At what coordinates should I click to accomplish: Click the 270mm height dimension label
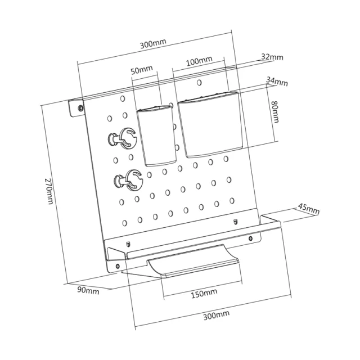tap(49, 191)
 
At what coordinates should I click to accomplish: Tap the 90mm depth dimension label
tap(88, 290)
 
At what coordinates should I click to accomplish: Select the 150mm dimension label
tap(204, 294)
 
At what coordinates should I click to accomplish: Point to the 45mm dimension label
tap(309, 209)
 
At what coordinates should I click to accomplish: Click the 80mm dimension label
tap(275, 112)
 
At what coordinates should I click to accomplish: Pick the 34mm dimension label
tap(277, 82)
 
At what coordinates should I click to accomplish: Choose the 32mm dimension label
tap(272, 57)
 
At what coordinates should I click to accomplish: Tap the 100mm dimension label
tap(199, 61)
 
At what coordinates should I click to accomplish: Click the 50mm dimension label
tap(142, 70)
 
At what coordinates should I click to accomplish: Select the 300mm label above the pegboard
tap(153, 44)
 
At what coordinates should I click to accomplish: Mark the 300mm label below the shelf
tap(216, 315)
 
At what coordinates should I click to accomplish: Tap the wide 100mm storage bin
tap(210, 124)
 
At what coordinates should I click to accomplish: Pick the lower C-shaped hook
tap(129, 180)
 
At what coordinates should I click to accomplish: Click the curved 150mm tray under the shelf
tap(193, 261)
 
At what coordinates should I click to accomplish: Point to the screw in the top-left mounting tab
tap(80, 107)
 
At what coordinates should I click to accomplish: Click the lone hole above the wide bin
tap(199, 83)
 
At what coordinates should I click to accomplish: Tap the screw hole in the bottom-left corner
tap(118, 266)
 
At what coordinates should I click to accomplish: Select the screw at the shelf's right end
tap(251, 238)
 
